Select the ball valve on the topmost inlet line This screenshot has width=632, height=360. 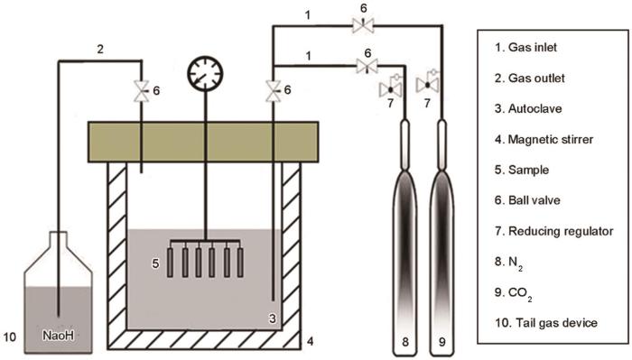tap(359, 29)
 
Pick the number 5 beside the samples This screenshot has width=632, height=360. tap(155, 264)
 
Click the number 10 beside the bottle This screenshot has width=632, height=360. tap(12, 338)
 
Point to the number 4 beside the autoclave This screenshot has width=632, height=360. tap(308, 341)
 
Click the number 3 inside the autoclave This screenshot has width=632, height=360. tap(271, 318)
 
